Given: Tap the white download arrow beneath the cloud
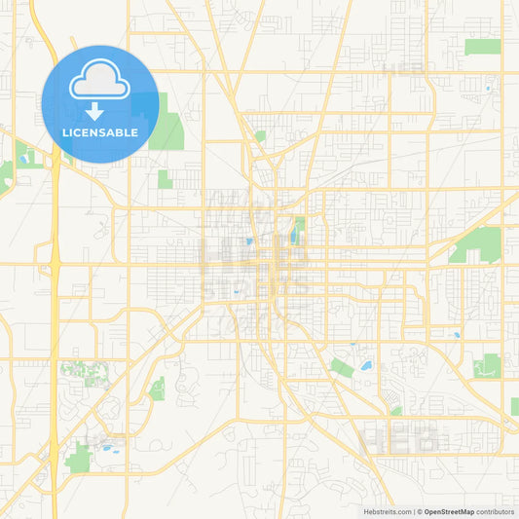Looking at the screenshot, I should (94, 110).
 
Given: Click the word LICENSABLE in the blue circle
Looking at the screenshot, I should (100, 132).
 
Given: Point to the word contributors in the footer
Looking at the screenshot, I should (495, 511).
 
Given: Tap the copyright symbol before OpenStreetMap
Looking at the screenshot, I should (419, 511).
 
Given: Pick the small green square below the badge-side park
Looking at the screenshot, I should (165, 179).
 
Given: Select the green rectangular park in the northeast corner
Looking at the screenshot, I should (482, 46).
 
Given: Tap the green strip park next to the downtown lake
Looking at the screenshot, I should (300, 226).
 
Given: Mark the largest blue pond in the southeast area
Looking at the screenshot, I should (365, 366).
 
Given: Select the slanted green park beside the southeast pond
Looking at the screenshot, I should (341, 366).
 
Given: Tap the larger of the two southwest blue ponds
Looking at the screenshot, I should (108, 450).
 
